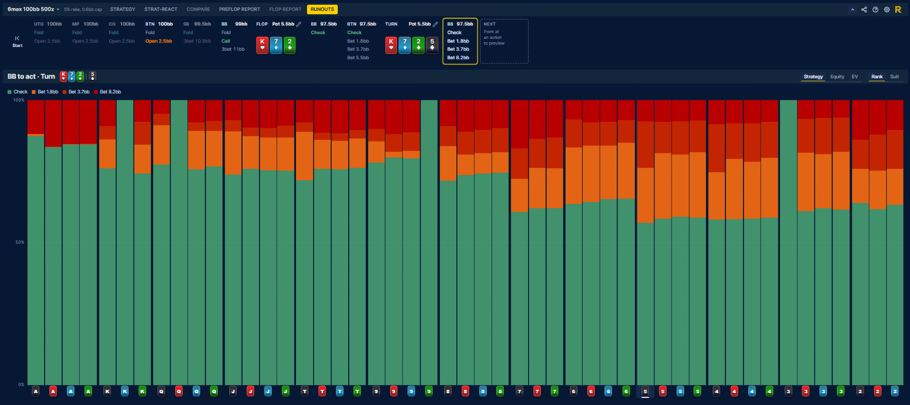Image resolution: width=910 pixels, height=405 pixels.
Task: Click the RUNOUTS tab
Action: coord(322,9)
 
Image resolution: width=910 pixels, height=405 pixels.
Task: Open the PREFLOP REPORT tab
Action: coord(239,9)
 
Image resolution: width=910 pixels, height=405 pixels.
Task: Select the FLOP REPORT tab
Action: coord(285,9)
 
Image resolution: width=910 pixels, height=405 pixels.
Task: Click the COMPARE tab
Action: coord(198,9)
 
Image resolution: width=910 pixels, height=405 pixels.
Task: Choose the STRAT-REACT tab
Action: coord(161,9)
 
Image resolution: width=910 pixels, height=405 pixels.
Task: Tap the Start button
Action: coord(17,41)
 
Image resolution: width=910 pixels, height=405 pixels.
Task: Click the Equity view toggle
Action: coord(837,77)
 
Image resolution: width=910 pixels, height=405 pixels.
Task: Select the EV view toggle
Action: coord(855,77)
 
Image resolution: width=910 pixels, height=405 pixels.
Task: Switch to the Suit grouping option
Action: coord(894,77)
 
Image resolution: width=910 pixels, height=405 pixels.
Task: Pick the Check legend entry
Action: coord(17,92)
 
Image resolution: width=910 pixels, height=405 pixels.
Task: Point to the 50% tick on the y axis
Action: coord(20,242)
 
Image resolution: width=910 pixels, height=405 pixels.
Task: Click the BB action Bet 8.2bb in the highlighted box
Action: coord(458,58)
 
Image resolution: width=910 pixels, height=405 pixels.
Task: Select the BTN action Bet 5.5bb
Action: coord(358,58)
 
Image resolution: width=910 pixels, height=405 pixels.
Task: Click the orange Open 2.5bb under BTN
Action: coord(159,41)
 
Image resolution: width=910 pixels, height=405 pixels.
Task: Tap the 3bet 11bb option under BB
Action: coord(233,49)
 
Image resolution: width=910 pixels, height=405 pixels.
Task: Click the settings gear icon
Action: coord(887,10)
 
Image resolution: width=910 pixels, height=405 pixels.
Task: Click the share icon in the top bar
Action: coord(864,10)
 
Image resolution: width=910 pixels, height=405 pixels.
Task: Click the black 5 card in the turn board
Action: coord(432,45)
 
